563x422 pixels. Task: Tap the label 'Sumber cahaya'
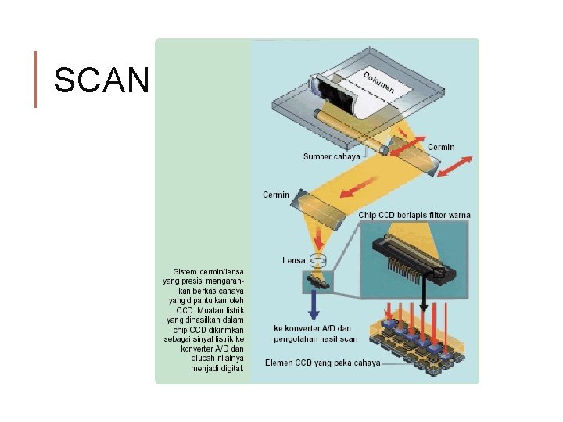(332, 156)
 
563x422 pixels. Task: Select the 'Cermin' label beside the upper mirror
(441, 147)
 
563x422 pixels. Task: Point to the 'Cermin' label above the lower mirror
(276, 195)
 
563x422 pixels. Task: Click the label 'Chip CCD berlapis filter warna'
(414, 215)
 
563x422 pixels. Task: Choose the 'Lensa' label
(294, 260)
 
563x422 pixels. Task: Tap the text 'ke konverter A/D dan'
(313, 328)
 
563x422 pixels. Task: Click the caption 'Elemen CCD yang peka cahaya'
(323, 363)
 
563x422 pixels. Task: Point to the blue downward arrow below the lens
(314, 305)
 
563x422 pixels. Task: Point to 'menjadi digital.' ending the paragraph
(217, 368)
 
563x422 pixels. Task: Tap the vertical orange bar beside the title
(36, 79)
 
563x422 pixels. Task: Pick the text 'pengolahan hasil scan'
(316, 339)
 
